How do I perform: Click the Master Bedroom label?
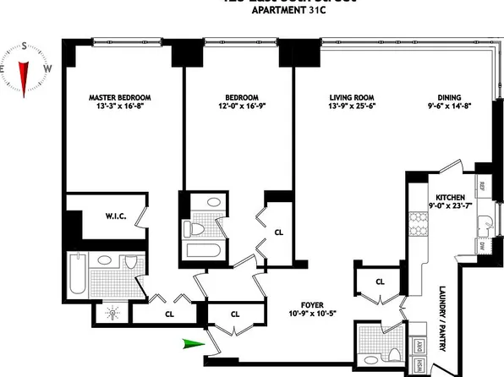(x=118, y=97)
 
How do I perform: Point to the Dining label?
(x=441, y=97)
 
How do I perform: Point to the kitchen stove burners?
(x=416, y=227)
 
